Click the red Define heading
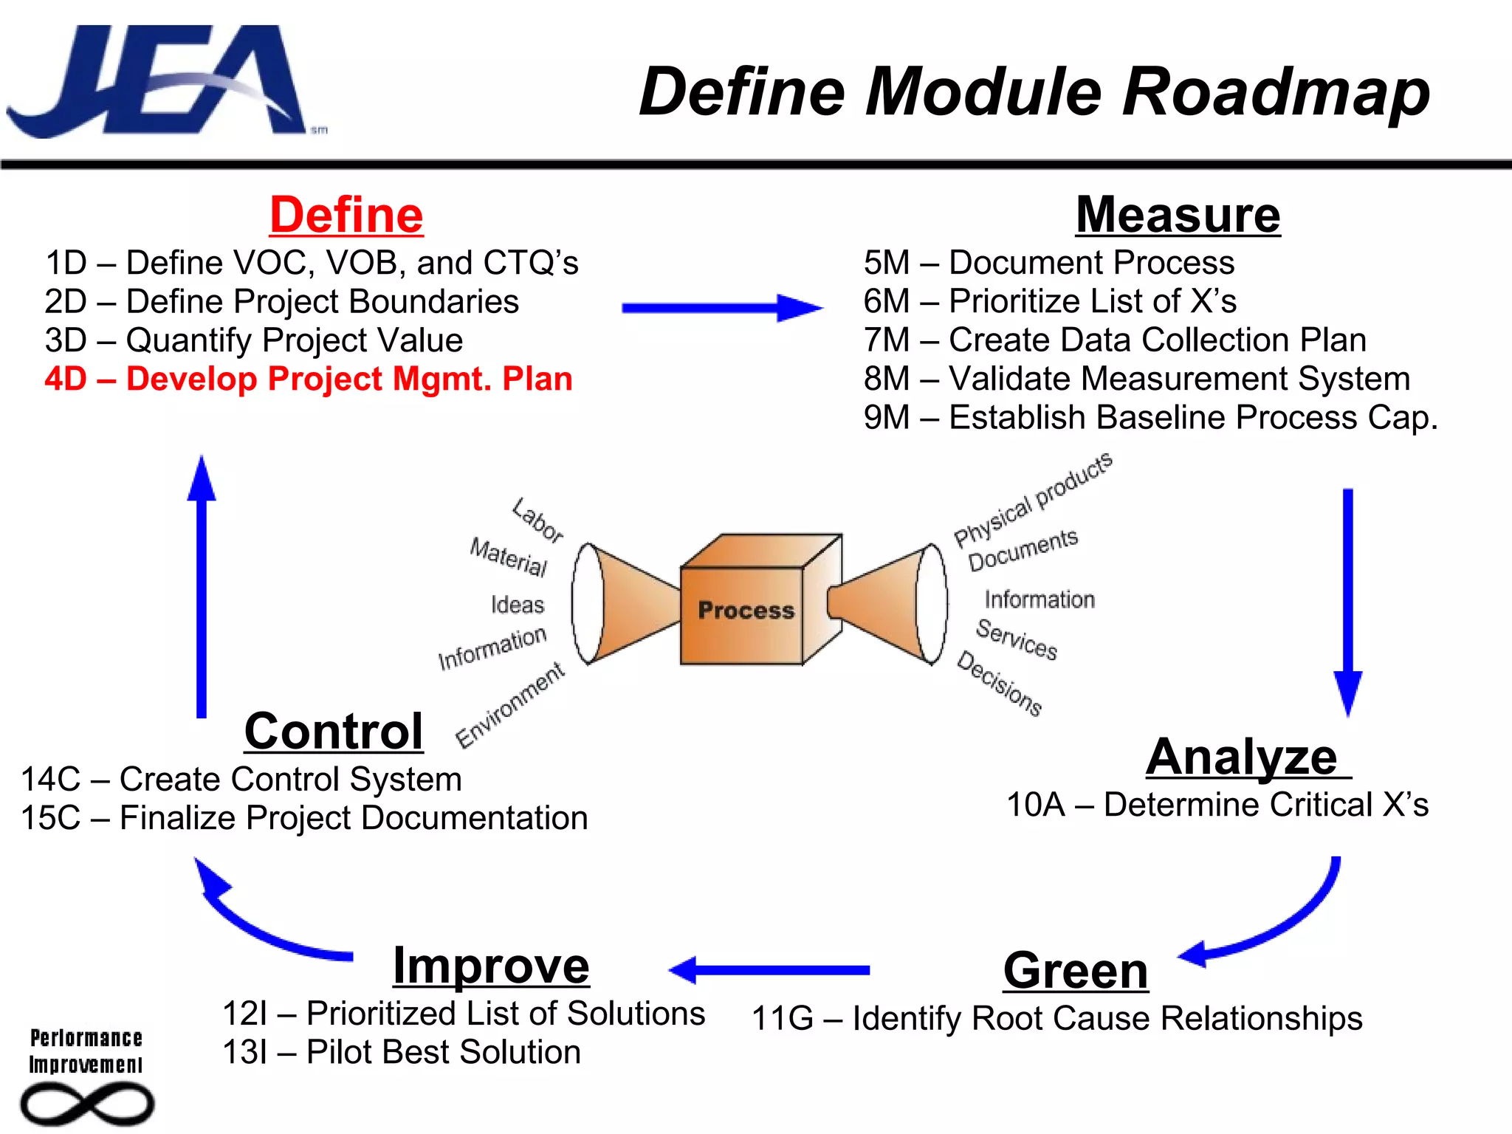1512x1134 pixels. click(x=346, y=215)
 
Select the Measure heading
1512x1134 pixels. click(x=1178, y=215)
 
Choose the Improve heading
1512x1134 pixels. click(x=491, y=966)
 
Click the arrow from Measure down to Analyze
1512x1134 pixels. click(x=1348, y=602)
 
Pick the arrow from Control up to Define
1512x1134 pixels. click(x=202, y=587)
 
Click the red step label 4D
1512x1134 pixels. click(x=66, y=379)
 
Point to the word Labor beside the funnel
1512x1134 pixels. click(x=538, y=520)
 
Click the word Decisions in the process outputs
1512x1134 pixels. click(x=1000, y=684)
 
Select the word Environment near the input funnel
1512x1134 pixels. click(x=510, y=705)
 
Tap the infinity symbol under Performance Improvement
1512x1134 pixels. click(x=87, y=1104)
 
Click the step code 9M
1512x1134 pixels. click(x=887, y=418)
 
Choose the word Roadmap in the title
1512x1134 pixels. click(x=1276, y=92)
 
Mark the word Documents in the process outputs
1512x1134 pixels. click(x=1023, y=549)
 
